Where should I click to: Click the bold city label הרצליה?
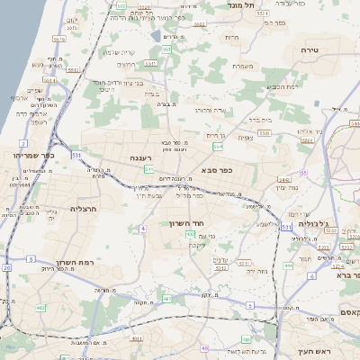click(82, 209)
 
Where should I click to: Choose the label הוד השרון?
click(187, 222)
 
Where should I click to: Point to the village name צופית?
click(246, 138)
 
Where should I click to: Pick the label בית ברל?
click(260, 118)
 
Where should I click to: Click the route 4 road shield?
click(142, 229)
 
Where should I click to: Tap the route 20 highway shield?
click(7, 267)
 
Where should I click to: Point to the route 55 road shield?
click(304, 172)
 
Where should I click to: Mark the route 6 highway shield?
click(311, 276)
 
